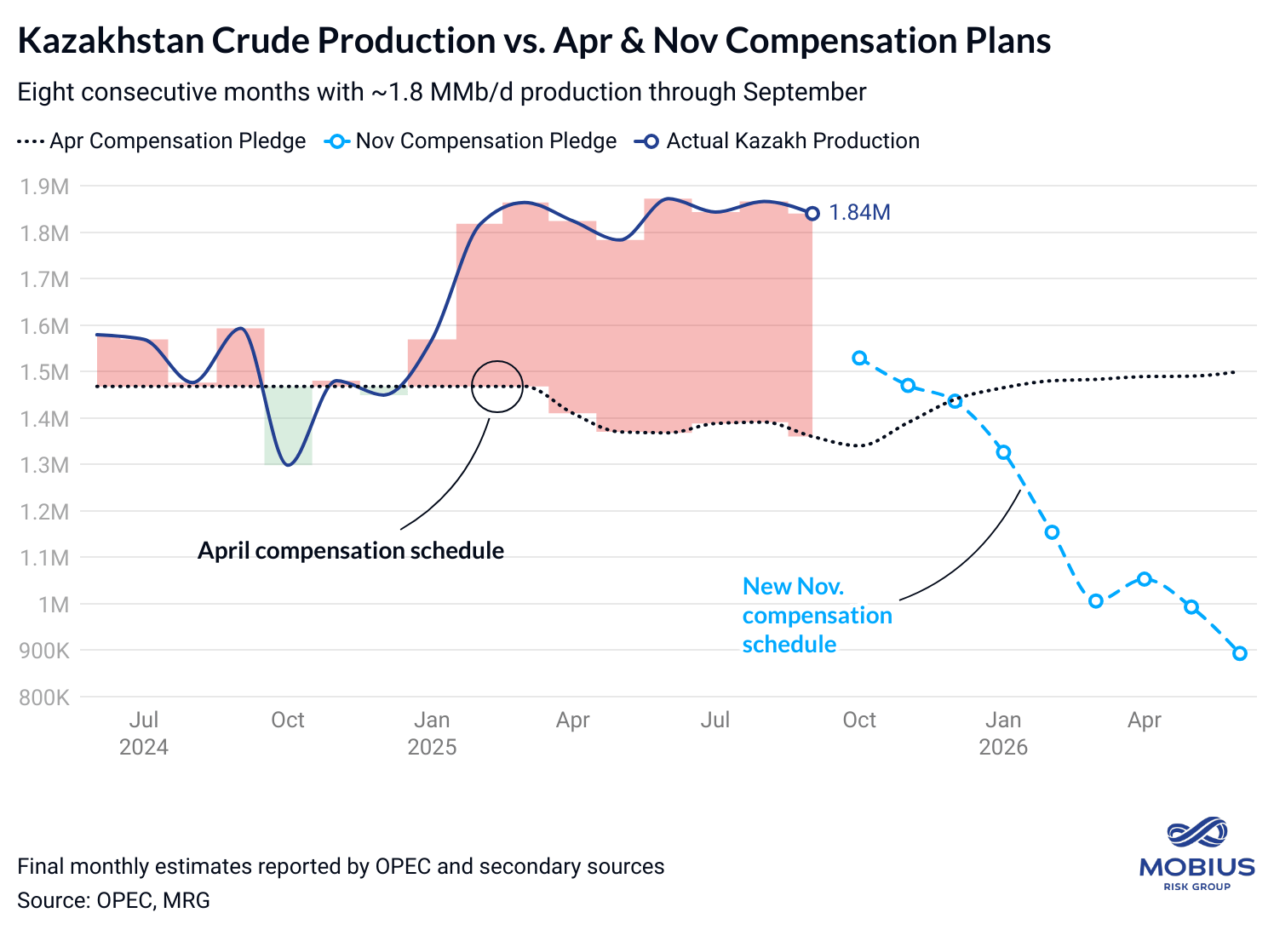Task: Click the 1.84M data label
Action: pyautogui.click(x=859, y=213)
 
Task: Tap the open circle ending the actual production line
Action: pyautogui.click(x=812, y=214)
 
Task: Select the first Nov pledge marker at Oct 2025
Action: pyautogui.click(x=860, y=359)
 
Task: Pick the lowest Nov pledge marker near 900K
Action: pyautogui.click(x=1240, y=653)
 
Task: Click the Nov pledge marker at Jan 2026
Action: pyautogui.click(x=1004, y=453)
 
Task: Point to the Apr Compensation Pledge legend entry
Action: pyautogui.click(x=162, y=141)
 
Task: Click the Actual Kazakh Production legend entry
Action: pyautogui.click(x=777, y=141)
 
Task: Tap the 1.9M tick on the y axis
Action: pyautogui.click(x=44, y=187)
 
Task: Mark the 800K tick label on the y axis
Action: pyautogui.click(x=43, y=697)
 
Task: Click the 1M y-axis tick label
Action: pyautogui.click(x=54, y=605)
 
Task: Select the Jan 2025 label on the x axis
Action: pyautogui.click(x=432, y=733)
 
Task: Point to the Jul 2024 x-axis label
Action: pyautogui.click(x=144, y=733)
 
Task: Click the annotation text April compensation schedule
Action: pyautogui.click(x=351, y=551)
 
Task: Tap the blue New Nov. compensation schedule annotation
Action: pyautogui.click(x=817, y=615)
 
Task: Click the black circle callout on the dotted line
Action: pyautogui.click(x=497, y=386)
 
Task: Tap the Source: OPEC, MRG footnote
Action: pyautogui.click(x=113, y=900)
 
